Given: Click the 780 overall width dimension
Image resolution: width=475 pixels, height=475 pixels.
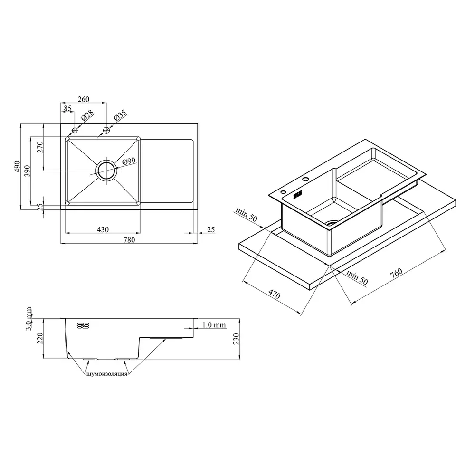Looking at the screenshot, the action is click(x=129, y=240).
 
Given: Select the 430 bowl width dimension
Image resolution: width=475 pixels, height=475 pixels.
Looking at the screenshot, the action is click(x=103, y=229).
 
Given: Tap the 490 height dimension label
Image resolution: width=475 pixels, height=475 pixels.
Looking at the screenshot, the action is click(x=17, y=167).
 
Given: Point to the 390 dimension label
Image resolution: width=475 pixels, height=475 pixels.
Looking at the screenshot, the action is click(x=27, y=171).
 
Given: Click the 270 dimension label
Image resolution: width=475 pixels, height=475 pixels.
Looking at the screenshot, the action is click(x=40, y=147).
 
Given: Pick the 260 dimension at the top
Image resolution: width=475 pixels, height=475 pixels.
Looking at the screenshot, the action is click(x=83, y=99).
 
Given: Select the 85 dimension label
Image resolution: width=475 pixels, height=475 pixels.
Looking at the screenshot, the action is click(x=67, y=108).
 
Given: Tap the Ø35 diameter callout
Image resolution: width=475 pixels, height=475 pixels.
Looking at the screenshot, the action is click(x=120, y=115).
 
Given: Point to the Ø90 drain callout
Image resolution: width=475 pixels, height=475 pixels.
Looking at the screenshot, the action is click(x=129, y=161).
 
